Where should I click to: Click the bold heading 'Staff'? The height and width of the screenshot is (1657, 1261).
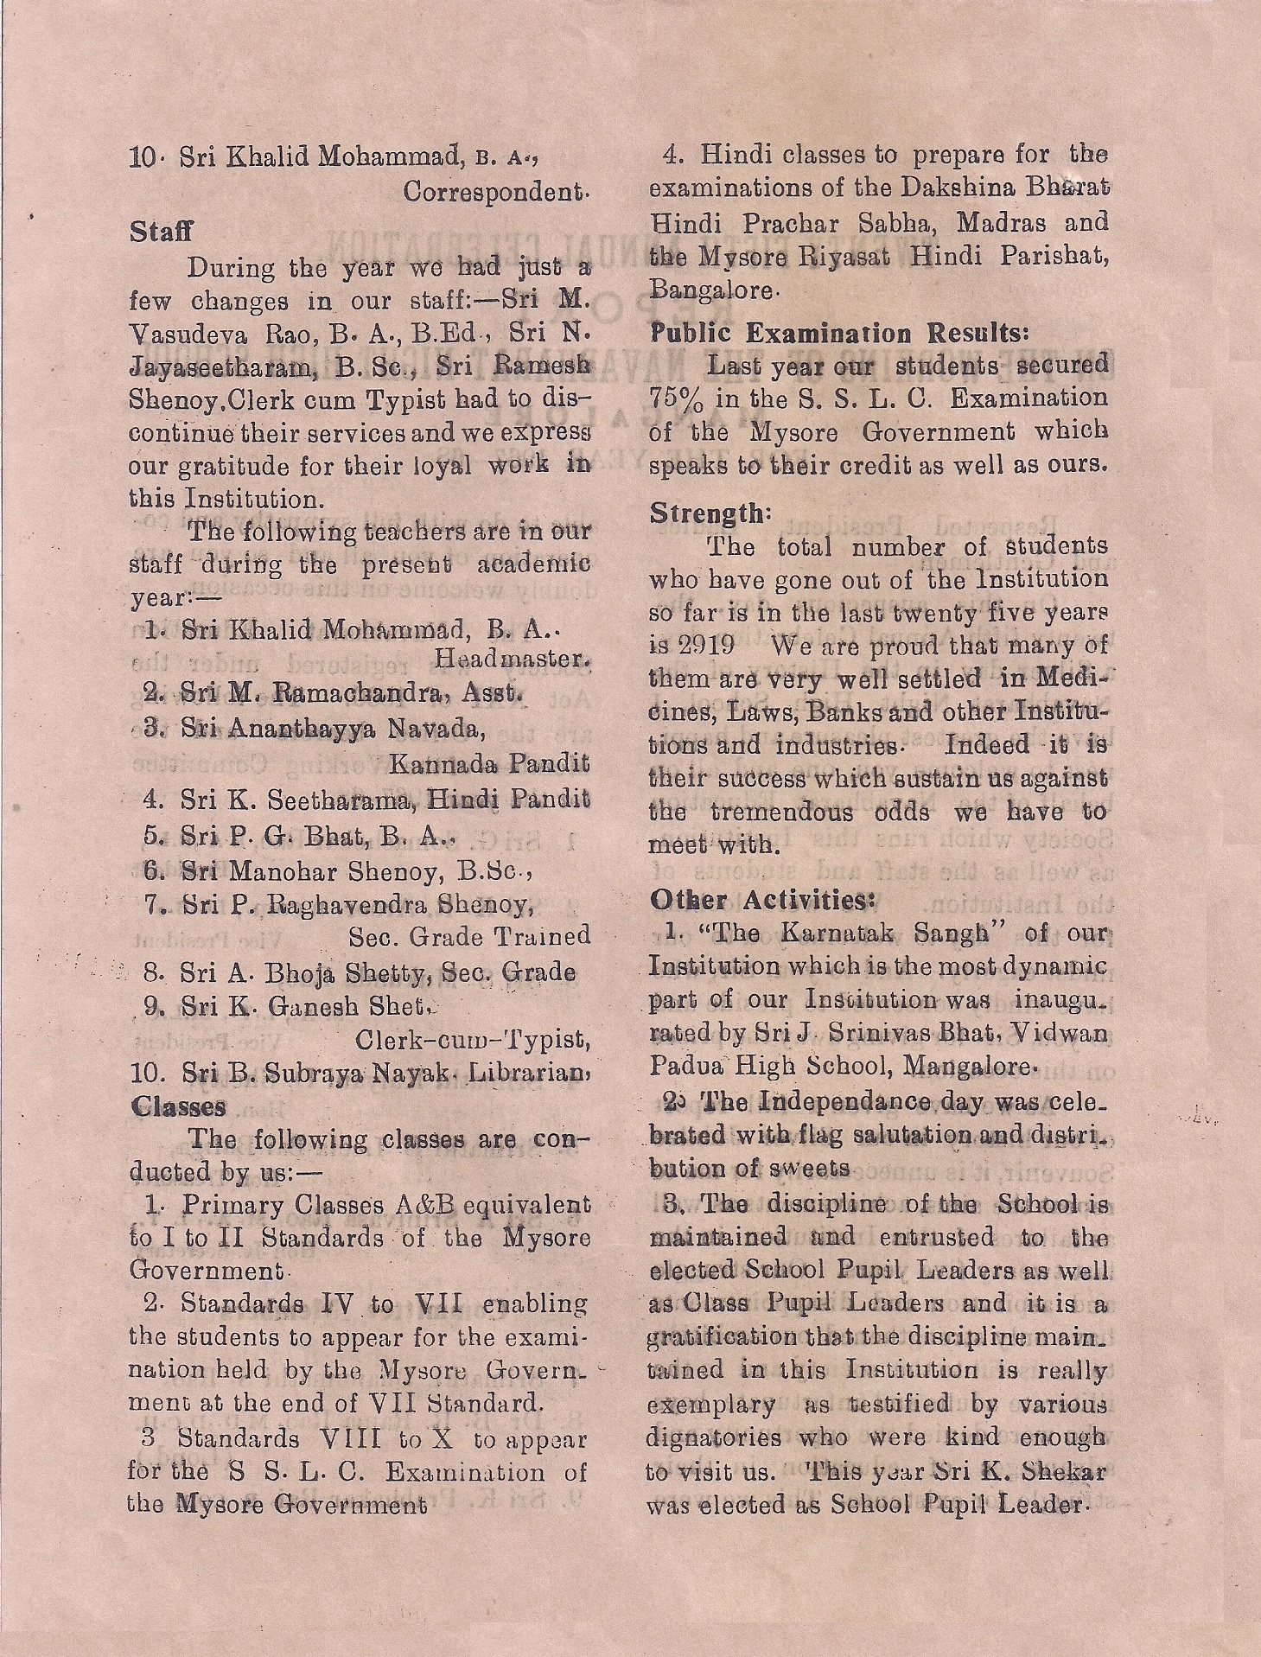161,232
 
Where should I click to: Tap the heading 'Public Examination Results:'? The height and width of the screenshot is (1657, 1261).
840,333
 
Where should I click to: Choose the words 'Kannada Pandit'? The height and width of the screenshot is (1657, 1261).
489,764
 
